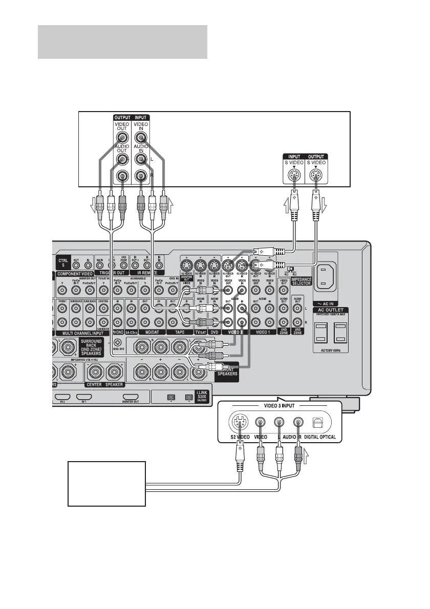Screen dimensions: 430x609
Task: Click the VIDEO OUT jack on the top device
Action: [122, 137]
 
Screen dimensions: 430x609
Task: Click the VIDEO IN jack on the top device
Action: [141, 137]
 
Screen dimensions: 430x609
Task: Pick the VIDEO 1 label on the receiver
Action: [262, 332]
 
